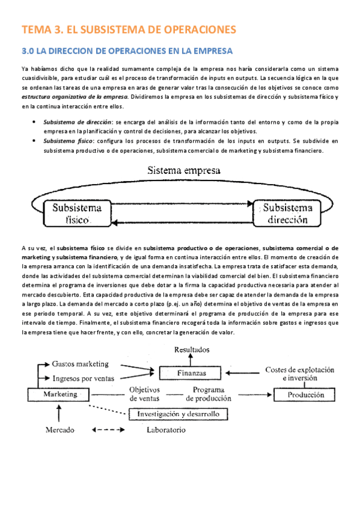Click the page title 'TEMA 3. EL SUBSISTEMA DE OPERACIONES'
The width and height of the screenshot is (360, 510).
click(129, 29)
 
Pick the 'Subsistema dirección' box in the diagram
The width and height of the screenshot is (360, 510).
click(287, 214)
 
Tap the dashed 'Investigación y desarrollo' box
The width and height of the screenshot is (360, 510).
click(178, 414)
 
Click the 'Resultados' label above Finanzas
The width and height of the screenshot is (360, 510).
click(192, 349)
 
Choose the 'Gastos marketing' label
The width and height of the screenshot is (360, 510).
click(80, 364)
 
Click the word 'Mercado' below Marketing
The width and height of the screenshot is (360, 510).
click(59, 430)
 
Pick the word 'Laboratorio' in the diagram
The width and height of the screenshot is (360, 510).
click(166, 430)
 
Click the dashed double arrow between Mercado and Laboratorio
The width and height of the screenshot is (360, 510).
click(109, 430)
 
